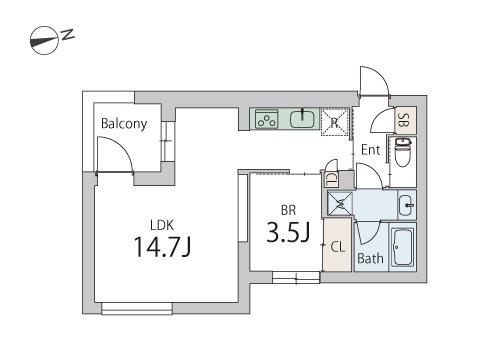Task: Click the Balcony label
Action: (x=124, y=124)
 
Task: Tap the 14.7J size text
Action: (x=162, y=247)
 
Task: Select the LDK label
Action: (x=162, y=226)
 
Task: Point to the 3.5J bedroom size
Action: (x=288, y=232)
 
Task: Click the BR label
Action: (x=288, y=210)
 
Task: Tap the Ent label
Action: (x=371, y=150)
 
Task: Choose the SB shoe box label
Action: (x=404, y=120)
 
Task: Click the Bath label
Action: (x=370, y=258)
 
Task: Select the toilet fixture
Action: (x=403, y=153)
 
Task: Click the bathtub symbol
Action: (x=403, y=247)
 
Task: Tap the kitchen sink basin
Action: (x=302, y=119)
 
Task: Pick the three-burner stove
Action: (x=267, y=120)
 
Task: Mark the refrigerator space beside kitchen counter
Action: (x=335, y=122)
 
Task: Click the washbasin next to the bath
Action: (x=407, y=205)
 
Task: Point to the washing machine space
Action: (x=340, y=203)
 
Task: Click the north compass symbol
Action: (x=45, y=40)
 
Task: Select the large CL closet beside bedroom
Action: (x=337, y=244)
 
